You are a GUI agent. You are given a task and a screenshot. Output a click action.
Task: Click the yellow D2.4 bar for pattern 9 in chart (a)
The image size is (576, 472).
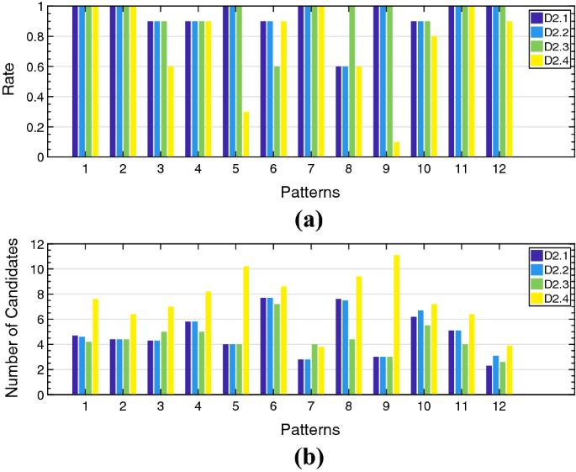[x=395, y=150]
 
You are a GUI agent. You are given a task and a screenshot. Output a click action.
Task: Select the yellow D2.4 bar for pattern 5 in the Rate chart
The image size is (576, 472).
[x=246, y=135]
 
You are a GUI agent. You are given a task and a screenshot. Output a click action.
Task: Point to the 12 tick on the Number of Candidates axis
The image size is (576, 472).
[x=37, y=244]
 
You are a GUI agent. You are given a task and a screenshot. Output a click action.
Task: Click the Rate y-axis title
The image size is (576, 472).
[x=11, y=82]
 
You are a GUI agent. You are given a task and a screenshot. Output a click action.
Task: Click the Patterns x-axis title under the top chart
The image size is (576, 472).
[x=310, y=193]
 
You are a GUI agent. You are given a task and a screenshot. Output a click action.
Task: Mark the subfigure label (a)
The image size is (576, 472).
[x=309, y=220]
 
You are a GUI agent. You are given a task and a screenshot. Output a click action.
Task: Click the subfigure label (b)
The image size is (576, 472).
[x=309, y=458]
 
